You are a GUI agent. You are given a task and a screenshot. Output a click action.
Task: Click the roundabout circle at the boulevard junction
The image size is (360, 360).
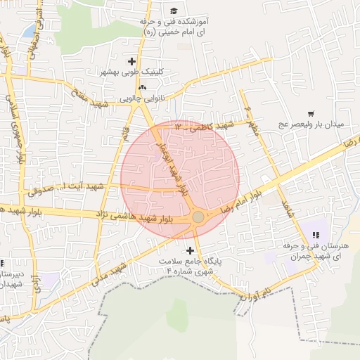tap(198, 217)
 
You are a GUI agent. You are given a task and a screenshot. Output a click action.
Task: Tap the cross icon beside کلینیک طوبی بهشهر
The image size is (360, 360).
tap(132, 61)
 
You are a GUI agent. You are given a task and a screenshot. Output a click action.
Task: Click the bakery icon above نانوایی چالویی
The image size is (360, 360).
tap(143, 88)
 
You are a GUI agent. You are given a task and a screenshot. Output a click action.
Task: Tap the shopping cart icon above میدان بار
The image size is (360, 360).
tap(310, 113)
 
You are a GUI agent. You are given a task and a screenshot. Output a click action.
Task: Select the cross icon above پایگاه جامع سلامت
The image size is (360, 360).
tap(190, 250)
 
